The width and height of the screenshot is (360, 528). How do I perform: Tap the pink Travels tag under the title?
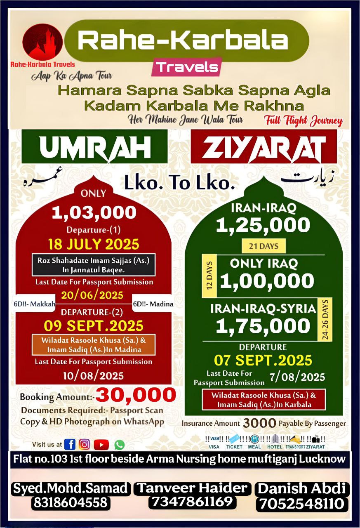186,67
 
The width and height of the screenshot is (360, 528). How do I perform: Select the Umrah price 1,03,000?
94,212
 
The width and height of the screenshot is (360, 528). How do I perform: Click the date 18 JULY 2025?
94,244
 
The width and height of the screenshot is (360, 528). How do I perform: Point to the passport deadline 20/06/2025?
92,295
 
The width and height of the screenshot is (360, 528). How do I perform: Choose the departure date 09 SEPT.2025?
94,326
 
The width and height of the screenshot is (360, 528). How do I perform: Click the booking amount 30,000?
136,395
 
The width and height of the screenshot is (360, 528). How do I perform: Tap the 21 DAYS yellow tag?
264,247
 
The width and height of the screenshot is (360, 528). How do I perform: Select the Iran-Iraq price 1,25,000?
263,225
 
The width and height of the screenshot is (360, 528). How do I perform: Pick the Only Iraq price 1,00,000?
267,281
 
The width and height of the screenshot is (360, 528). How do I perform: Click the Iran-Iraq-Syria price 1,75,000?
263,326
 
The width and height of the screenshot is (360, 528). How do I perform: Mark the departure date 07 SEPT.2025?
263,360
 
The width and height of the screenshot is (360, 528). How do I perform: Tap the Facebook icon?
70,444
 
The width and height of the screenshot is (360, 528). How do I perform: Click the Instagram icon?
85,444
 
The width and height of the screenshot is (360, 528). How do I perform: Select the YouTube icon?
101,444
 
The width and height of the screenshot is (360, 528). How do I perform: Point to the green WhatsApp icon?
119,445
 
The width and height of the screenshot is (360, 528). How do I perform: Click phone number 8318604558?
70,503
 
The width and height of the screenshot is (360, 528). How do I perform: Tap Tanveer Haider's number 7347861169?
193,502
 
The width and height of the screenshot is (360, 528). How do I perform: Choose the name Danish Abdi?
302,489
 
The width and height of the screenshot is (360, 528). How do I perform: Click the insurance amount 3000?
259,423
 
